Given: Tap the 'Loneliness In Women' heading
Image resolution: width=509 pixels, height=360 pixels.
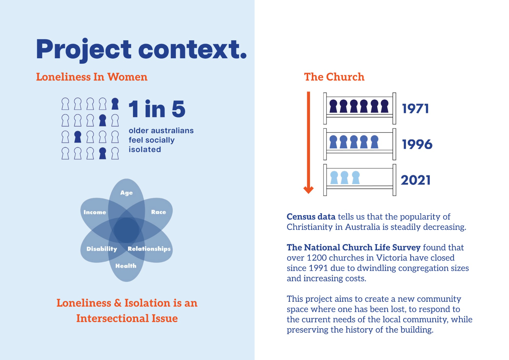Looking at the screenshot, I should click(92, 77).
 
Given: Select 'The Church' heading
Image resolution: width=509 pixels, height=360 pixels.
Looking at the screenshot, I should click(334, 77).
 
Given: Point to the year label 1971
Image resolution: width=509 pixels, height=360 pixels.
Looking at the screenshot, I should click(415, 109).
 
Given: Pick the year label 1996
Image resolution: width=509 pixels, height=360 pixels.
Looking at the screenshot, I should click(417, 144).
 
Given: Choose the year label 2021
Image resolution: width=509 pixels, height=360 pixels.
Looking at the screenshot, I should click(416, 180).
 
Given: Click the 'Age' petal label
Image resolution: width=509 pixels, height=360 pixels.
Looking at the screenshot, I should click(126, 193).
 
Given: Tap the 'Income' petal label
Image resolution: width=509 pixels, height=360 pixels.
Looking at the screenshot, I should click(95, 212).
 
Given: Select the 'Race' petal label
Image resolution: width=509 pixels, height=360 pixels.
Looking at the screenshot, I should click(158, 212).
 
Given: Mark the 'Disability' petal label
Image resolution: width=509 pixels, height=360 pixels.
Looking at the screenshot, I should click(102, 249).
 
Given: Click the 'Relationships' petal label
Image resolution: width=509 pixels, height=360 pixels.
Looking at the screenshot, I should click(149, 249).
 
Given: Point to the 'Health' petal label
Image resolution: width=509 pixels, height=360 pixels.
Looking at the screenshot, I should click(126, 266).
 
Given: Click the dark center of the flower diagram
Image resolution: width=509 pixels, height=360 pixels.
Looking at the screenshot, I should click(126, 230).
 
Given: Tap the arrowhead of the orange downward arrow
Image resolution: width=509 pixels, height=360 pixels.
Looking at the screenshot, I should click(308, 189).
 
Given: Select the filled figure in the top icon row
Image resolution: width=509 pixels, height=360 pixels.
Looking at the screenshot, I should click(115, 104).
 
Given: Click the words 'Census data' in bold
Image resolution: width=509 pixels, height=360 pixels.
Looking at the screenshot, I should click(311, 217).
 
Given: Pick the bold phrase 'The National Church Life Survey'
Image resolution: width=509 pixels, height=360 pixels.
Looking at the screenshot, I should click(354, 247).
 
